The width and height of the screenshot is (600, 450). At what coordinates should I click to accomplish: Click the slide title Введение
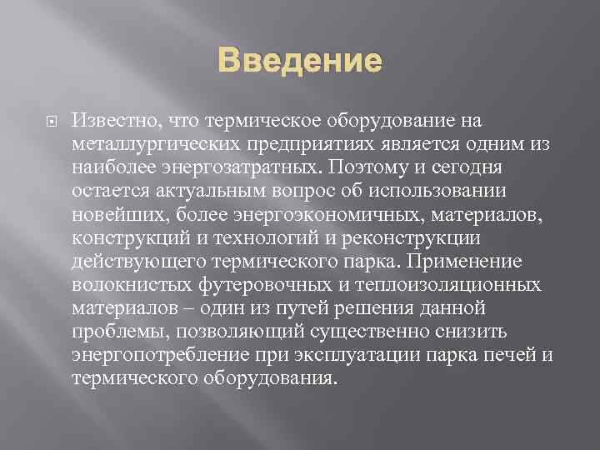point(300,62)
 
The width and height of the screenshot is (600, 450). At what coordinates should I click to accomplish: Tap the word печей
point(509,356)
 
